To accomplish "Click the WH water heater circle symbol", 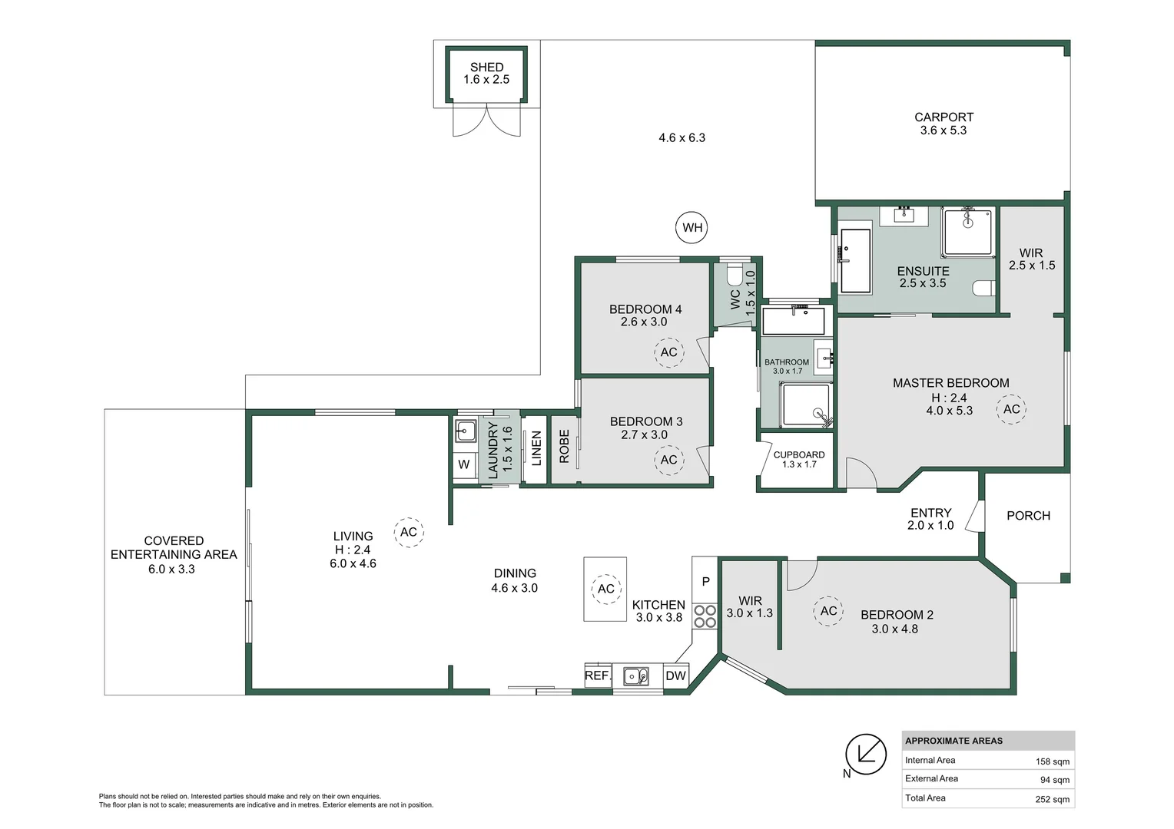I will pyautogui.click(x=692, y=227).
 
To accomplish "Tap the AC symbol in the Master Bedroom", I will pyautogui.click(x=1011, y=409).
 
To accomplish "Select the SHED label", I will pyautogui.click(x=486, y=68).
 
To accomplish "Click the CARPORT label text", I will pyautogui.click(x=944, y=117).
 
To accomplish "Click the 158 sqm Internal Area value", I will pyautogui.click(x=1053, y=761).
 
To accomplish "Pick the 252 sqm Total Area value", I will pyautogui.click(x=1053, y=799).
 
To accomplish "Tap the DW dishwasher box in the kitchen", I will pyautogui.click(x=675, y=676).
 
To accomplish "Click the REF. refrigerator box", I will pyautogui.click(x=597, y=676).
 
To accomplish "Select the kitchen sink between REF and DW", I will pyautogui.click(x=635, y=676).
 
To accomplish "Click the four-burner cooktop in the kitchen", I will pyautogui.click(x=705, y=616).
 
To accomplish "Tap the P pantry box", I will pyautogui.click(x=705, y=582).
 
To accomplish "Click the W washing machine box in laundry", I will pyautogui.click(x=464, y=465).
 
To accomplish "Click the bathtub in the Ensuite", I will pyautogui.click(x=855, y=261).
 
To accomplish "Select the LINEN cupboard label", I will pyautogui.click(x=536, y=448).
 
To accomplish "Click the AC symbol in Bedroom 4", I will pyautogui.click(x=668, y=352).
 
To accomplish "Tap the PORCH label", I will pyautogui.click(x=1028, y=516).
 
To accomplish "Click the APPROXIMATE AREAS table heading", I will pyautogui.click(x=953, y=741).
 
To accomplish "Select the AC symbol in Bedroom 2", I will pyautogui.click(x=828, y=611).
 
